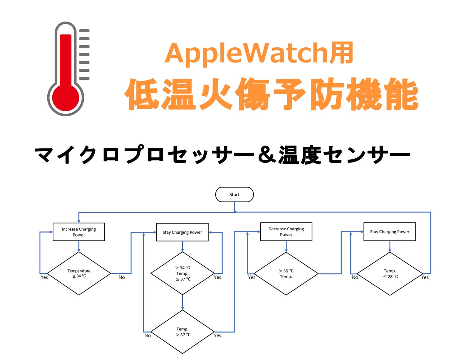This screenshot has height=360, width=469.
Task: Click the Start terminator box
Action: click(x=234, y=195)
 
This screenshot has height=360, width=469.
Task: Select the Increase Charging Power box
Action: click(x=79, y=232)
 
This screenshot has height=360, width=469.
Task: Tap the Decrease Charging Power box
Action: click(x=286, y=231)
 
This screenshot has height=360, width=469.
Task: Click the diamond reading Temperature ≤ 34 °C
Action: click(x=79, y=273)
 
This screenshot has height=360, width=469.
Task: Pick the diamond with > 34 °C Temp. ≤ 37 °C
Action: click(x=183, y=273)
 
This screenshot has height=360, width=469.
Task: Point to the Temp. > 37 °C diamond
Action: click(x=183, y=332)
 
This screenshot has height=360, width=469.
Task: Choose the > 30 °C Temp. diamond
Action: click(x=286, y=274)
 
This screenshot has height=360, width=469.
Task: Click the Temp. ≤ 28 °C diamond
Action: click(x=390, y=274)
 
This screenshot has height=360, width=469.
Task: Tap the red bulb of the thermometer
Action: click(x=66, y=97)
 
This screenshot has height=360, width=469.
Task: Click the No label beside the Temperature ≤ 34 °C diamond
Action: click(x=122, y=277)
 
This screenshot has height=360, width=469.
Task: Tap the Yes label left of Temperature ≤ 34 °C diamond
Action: click(x=44, y=277)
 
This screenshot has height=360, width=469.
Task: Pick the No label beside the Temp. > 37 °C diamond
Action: click(x=148, y=335)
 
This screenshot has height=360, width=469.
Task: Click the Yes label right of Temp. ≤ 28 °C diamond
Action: click(x=425, y=277)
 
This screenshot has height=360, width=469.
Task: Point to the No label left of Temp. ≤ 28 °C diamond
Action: click(x=355, y=277)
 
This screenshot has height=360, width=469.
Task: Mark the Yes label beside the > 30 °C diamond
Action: click(x=251, y=277)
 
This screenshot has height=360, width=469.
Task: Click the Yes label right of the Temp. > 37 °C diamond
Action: click(x=218, y=335)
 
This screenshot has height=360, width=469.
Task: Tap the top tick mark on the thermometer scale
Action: click(x=84, y=31)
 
